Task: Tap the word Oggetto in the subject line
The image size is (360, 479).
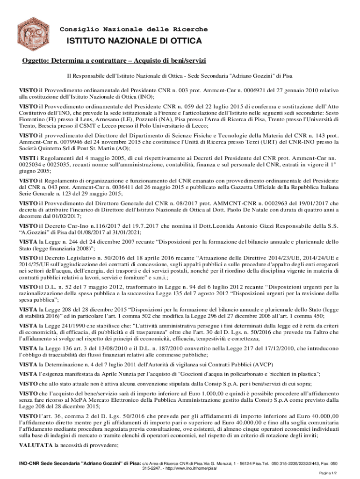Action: [x=36, y=61]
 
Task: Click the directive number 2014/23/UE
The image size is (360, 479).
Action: [x=264, y=257]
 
